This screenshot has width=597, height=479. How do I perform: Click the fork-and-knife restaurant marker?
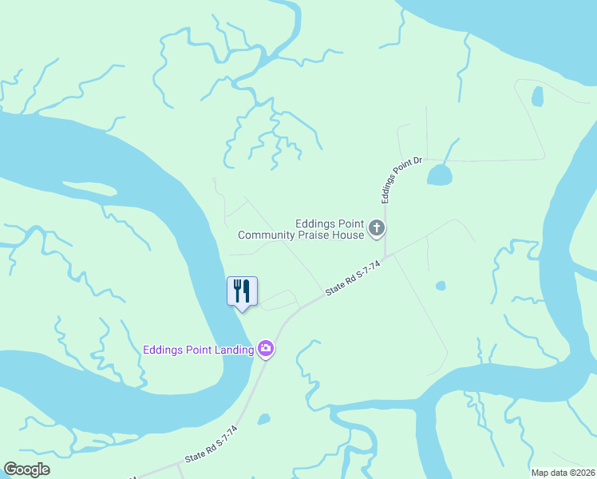[x=243, y=291]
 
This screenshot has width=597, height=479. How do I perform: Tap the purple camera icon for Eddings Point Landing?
[x=266, y=349]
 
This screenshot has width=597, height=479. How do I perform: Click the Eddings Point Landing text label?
[x=198, y=350]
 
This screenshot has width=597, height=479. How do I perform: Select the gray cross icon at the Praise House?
[x=377, y=230]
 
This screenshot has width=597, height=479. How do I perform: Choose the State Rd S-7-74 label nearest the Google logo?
[x=211, y=445]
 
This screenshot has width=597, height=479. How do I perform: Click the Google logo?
[x=27, y=469]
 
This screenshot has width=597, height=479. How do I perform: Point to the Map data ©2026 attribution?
[x=563, y=473]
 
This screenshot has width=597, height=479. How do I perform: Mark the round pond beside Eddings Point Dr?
[x=439, y=175]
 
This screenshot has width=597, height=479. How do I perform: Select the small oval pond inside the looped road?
[x=537, y=97]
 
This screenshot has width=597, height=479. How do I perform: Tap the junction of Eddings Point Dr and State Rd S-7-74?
[x=385, y=257]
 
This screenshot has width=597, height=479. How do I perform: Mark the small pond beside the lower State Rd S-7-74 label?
[x=264, y=419]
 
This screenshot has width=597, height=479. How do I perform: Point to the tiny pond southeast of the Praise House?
[x=441, y=285]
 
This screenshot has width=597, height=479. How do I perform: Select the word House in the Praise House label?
[x=350, y=235]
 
